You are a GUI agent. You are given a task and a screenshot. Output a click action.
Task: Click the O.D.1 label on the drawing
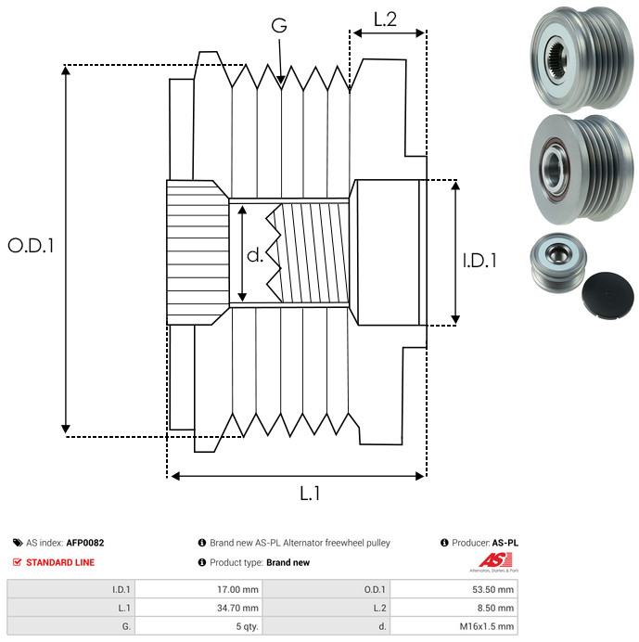coord(31,246)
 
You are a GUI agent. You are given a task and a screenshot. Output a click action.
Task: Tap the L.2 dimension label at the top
coord(385,19)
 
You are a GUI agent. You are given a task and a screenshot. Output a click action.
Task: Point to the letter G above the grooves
coord(279,25)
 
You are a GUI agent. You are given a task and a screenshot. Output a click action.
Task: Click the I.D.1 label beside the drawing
coord(479,261)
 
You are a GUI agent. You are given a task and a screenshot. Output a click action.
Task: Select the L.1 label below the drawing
coord(310,494)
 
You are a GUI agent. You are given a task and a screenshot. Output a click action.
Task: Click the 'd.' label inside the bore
coord(255,255)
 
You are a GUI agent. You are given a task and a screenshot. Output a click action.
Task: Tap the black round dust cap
coord(607,295)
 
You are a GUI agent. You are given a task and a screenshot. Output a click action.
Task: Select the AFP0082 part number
coord(85,543)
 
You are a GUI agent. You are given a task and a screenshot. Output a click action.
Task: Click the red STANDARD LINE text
coord(60,562)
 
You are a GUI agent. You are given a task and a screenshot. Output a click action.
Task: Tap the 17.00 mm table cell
coord(199,589)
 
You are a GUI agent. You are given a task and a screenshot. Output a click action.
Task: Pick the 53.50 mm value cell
coord(454,589)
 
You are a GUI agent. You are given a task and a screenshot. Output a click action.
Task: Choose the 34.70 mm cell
coord(199,608)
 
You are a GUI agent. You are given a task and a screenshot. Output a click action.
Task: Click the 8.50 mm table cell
coord(454,608)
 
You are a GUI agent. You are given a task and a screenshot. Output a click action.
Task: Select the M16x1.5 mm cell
coord(454,626)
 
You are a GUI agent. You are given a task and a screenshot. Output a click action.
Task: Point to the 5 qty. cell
coord(199,626)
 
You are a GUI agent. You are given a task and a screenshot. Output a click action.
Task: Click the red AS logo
coord(495,560)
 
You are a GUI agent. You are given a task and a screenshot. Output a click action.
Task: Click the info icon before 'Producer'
coord(444,543)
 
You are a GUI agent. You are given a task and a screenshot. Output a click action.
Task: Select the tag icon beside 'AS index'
coord(18,543)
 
